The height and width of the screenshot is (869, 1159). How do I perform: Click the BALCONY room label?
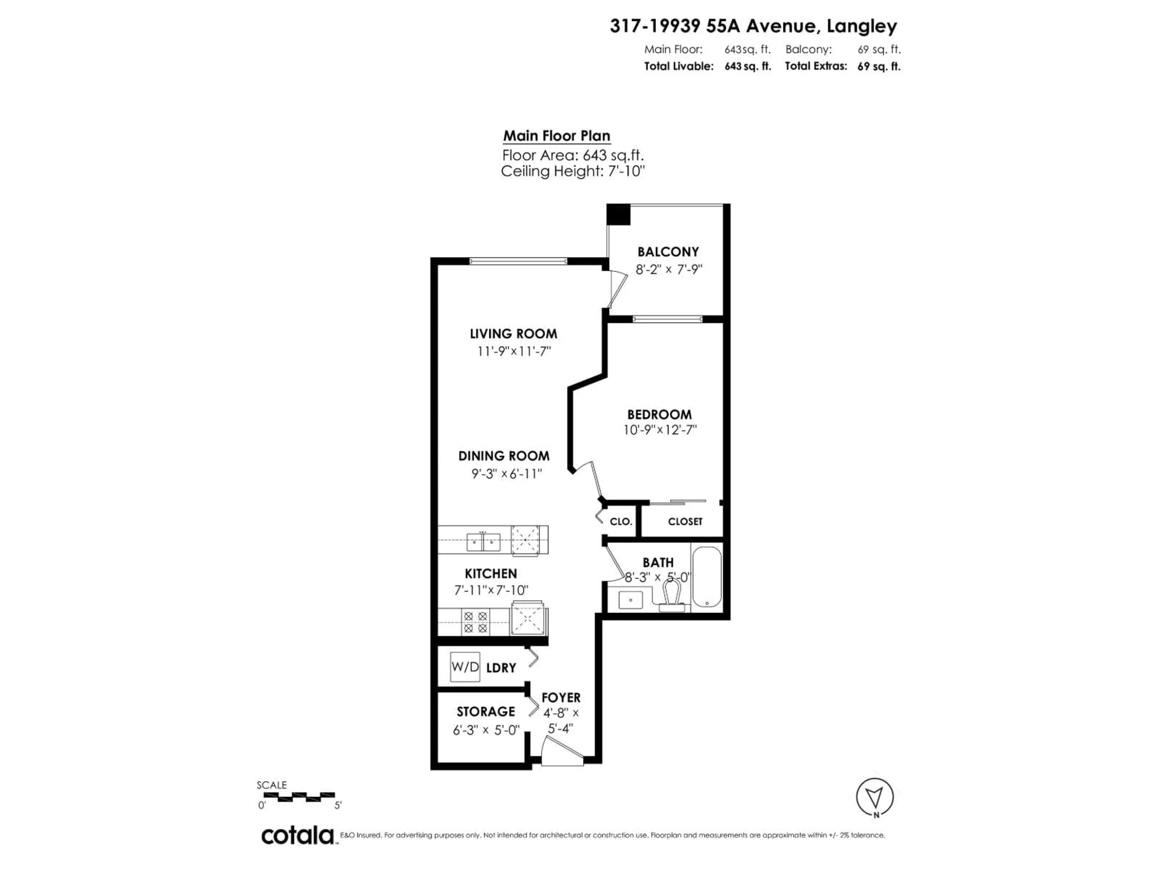668,252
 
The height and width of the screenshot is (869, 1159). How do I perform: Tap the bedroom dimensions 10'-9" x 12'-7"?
660,430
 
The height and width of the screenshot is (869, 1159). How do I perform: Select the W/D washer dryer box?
465,667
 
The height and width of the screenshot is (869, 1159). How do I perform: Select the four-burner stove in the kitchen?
475,622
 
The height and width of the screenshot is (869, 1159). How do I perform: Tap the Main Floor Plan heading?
557,136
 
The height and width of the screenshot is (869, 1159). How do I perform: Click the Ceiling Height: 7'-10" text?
572,171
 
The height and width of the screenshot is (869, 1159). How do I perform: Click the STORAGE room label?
486,711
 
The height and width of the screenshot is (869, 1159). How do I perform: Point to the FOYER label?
561,698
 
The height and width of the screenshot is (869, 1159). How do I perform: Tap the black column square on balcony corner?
618,215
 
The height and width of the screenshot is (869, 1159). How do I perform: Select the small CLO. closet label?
621,522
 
